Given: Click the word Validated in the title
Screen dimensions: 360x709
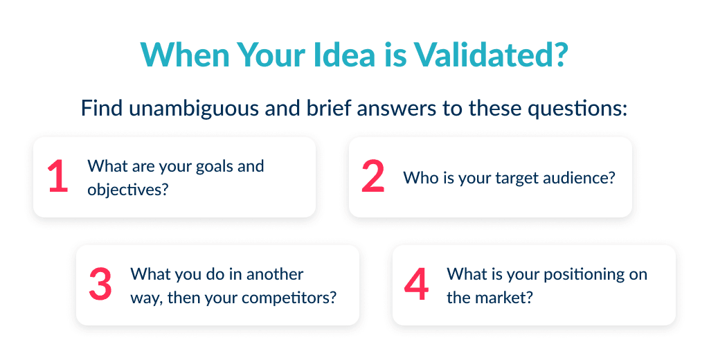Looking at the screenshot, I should tap(485, 55).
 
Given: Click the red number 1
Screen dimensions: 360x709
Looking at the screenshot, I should tap(58, 177).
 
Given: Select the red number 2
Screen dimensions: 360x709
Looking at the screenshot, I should tap(373, 177).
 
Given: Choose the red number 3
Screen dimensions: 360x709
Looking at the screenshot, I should tap(100, 285).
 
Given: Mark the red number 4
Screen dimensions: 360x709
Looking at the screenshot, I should tap(416, 285).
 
